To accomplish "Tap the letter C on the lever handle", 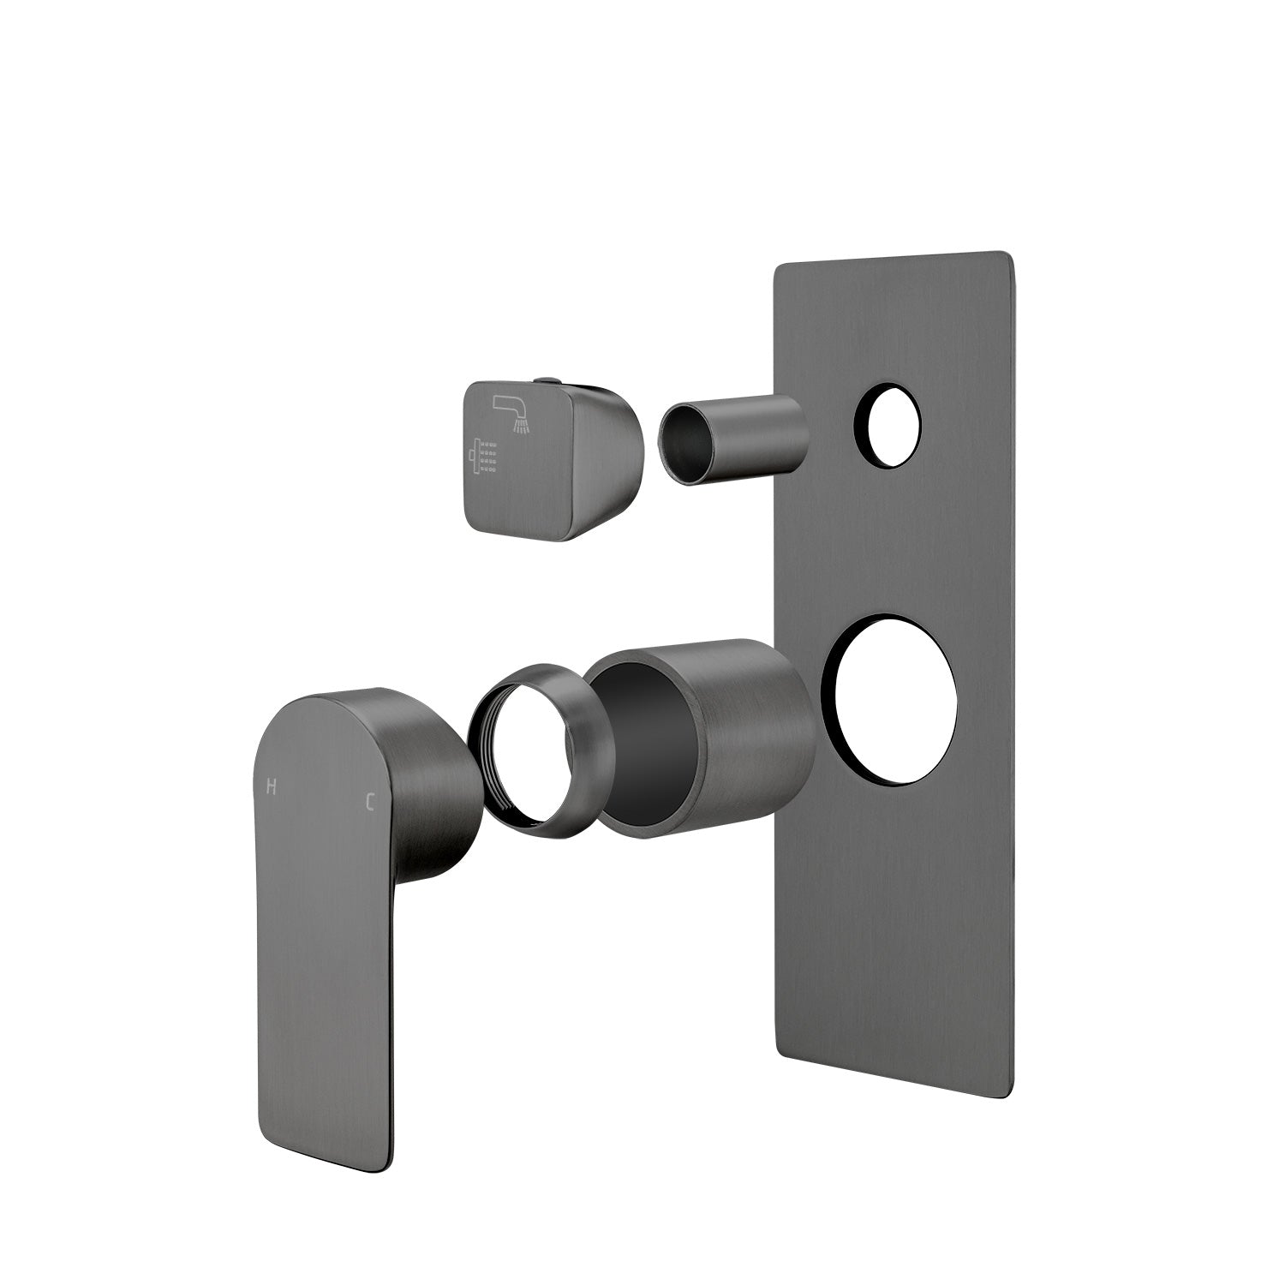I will click(370, 802).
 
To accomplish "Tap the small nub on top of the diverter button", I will click(546, 380).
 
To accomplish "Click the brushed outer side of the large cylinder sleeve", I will click(754, 728).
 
